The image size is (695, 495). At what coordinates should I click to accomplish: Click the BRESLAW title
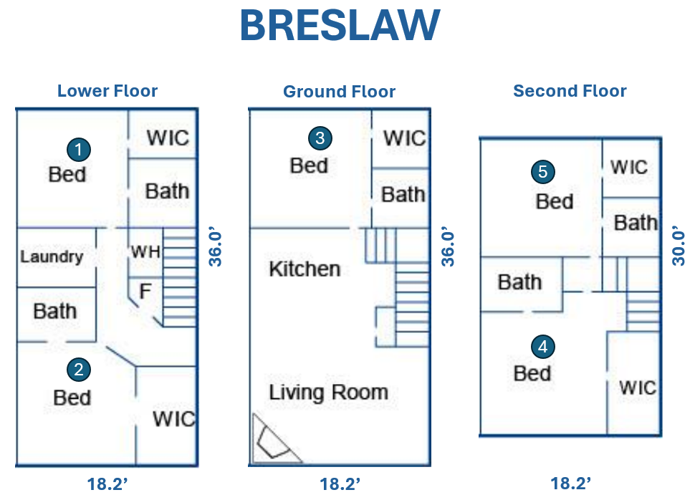click(340, 25)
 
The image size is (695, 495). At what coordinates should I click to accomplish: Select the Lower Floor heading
click(107, 91)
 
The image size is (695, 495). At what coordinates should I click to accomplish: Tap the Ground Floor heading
click(339, 92)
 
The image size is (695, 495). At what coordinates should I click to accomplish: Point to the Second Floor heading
click(570, 91)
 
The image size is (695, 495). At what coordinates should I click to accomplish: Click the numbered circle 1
click(79, 149)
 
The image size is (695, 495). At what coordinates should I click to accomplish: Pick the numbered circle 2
click(79, 370)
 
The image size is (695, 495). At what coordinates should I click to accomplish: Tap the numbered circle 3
click(320, 138)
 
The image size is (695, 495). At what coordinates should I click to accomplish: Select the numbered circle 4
click(543, 347)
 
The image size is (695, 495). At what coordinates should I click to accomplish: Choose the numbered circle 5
click(543, 171)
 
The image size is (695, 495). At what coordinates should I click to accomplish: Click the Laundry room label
click(52, 256)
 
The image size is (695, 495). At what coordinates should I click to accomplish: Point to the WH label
click(145, 252)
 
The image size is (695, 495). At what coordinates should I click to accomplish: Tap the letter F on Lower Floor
click(145, 291)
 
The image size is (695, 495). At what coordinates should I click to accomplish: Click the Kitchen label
click(305, 269)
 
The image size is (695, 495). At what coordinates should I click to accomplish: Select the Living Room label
click(328, 393)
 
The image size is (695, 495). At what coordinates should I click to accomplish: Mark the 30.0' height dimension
click(679, 246)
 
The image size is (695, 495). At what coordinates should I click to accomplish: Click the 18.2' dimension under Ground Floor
click(340, 484)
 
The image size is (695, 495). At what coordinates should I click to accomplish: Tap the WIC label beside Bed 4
click(638, 388)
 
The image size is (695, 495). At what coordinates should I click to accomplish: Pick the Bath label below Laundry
click(55, 311)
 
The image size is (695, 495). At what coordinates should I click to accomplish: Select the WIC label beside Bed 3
click(404, 138)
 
